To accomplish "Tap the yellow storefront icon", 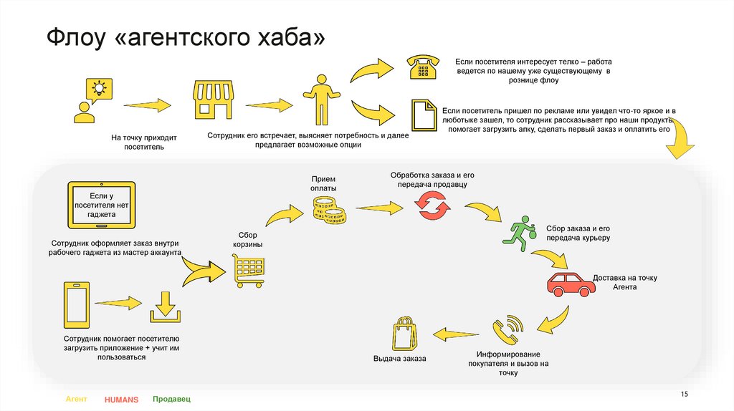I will click(x=214, y=100).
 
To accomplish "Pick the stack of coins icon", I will click(x=328, y=210).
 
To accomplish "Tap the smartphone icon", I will click(x=77, y=303).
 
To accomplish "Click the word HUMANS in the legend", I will click(x=120, y=400).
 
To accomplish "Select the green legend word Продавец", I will click(x=172, y=399).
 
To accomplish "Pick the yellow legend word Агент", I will click(x=76, y=399).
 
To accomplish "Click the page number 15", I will click(x=684, y=395).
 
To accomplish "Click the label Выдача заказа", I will click(x=399, y=359).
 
